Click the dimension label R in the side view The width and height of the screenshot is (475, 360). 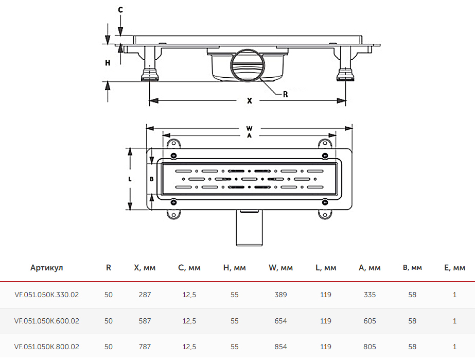[285, 94]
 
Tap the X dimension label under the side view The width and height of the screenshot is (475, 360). [250, 101]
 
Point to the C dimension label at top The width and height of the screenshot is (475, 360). [120, 10]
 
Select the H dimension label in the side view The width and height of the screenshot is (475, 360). [108, 63]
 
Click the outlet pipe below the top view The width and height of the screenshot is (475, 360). [250, 229]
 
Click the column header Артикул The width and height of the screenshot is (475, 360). [46, 268]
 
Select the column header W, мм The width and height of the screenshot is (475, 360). [280, 268]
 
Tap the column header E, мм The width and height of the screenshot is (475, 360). [454, 268]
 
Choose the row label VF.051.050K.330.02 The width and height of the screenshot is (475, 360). [47, 295]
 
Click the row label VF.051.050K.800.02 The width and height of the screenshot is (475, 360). [47, 347]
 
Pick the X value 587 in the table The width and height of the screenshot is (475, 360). [145, 321]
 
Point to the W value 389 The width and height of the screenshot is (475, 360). [280, 295]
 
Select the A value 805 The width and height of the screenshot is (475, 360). [370, 347]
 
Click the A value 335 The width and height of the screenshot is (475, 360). [370, 295]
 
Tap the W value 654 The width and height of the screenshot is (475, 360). [280, 321]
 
